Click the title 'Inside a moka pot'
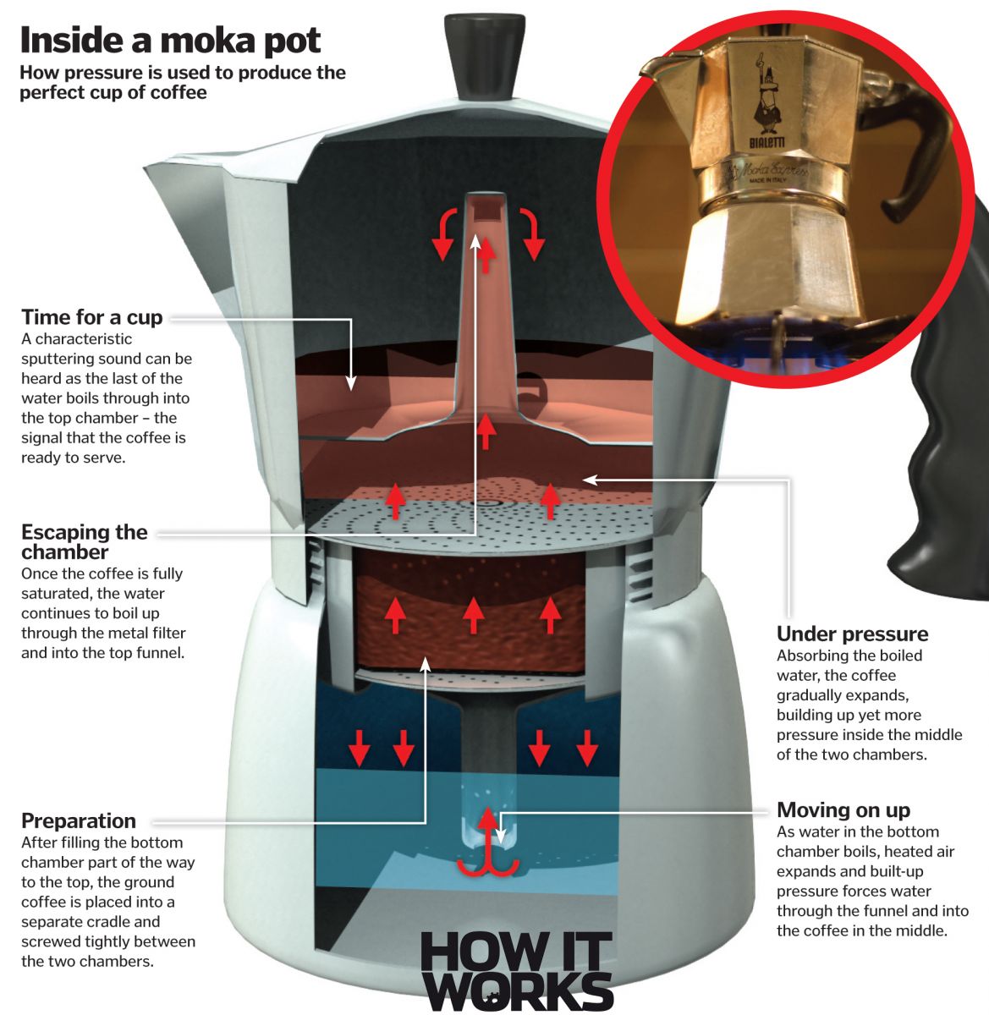click(x=170, y=40)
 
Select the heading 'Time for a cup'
click(x=91, y=317)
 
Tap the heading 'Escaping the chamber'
click(x=84, y=541)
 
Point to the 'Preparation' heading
click(x=78, y=820)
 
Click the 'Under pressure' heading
click(x=852, y=634)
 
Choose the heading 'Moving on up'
click(x=843, y=809)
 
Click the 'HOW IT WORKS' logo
click(x=515, y=970)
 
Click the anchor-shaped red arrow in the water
click(x=486, y=842)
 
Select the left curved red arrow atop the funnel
click(x=445, y=233)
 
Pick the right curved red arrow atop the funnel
click(x=530, y=233)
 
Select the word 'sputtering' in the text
click(x=63, y=359)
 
